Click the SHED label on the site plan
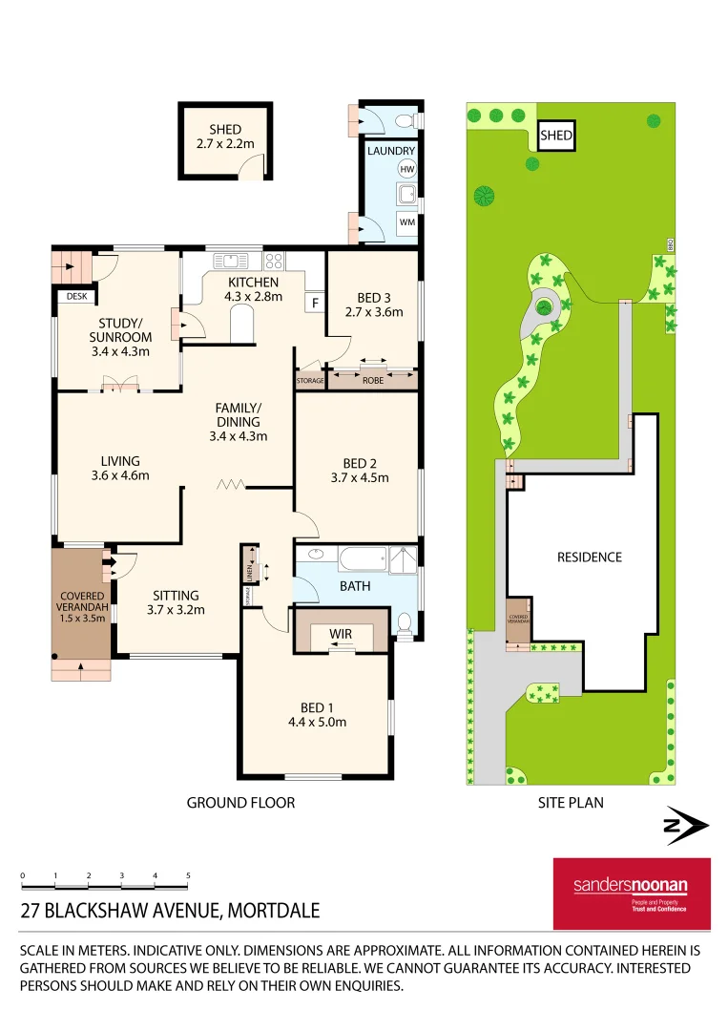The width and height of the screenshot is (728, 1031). [556, 136]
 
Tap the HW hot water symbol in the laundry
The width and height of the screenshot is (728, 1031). [406, 169]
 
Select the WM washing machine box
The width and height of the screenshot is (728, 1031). [406, 222]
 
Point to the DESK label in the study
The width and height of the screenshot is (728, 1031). [76, 297]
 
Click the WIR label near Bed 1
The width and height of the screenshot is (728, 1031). [341, 633]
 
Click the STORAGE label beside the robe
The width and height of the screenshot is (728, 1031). [311, 381]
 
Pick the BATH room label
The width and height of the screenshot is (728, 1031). [355, 586]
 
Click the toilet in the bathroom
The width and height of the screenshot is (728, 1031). [404, 623]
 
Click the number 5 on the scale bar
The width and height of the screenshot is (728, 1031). [188, 874]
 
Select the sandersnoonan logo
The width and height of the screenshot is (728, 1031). [632, 893]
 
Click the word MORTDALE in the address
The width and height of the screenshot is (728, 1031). [273, 911]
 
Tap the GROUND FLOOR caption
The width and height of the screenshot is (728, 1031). [240, 803]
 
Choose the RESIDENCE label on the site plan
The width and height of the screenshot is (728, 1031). [589, 557]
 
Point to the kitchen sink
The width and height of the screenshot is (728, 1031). [230, 260]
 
